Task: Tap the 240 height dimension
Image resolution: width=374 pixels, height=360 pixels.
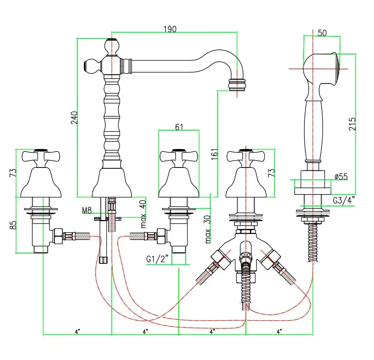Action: pyautogui.click(x=74, y=118)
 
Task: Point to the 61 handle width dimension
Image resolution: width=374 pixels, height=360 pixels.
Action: pyautogui.click(x=179, y=127)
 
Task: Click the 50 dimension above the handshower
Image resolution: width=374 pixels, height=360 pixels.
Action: pyautogui.click(x=322, y=33)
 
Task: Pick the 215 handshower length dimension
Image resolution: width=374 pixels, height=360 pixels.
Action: pyautogui.click(x=352, y=124)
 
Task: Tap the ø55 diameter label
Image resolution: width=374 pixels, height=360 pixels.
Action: pyautogui.click(x=340, y=177)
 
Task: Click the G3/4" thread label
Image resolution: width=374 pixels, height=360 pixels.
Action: pyautogui.click(x=343, y=201)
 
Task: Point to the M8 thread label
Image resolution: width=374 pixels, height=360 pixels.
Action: pyautogui.click(x=86, y=211)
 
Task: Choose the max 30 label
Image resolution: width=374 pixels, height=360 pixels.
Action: pyautogui.click(x=209, y=229)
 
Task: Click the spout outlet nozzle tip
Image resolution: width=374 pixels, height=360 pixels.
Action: pyautogui.click(x=237, y=85)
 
